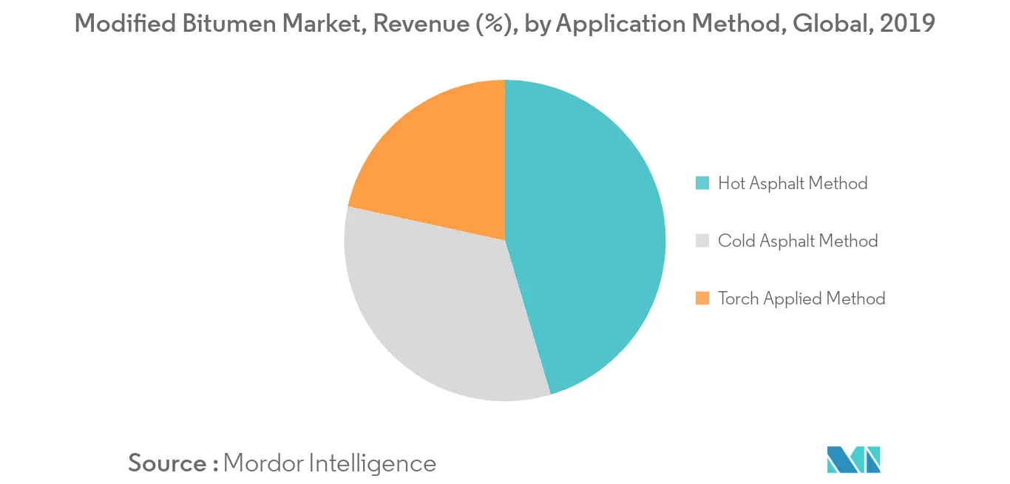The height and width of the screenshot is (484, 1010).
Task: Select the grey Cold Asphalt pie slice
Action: [x=436, y=310]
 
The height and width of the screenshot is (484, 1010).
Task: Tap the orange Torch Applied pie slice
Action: [x=436, y=163]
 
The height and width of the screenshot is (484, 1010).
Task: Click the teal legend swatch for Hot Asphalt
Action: [x=703, y=183]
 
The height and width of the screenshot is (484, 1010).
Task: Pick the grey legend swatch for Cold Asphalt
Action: [x=703, y=241]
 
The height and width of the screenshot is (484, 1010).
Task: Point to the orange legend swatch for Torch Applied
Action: [x=703, y=299]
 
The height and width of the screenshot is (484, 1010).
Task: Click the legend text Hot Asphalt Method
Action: [x=793, y=183]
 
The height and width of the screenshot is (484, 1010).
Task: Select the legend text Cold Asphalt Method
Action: [x=798, y=241]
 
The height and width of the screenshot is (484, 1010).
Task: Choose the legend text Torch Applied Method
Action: [x=801, y=299]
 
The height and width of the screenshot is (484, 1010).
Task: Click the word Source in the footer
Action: [x=168, y=463]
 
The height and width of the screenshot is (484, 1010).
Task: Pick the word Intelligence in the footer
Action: [x=372, y=463]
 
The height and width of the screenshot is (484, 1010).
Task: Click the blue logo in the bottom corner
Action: [x=854, y=460]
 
